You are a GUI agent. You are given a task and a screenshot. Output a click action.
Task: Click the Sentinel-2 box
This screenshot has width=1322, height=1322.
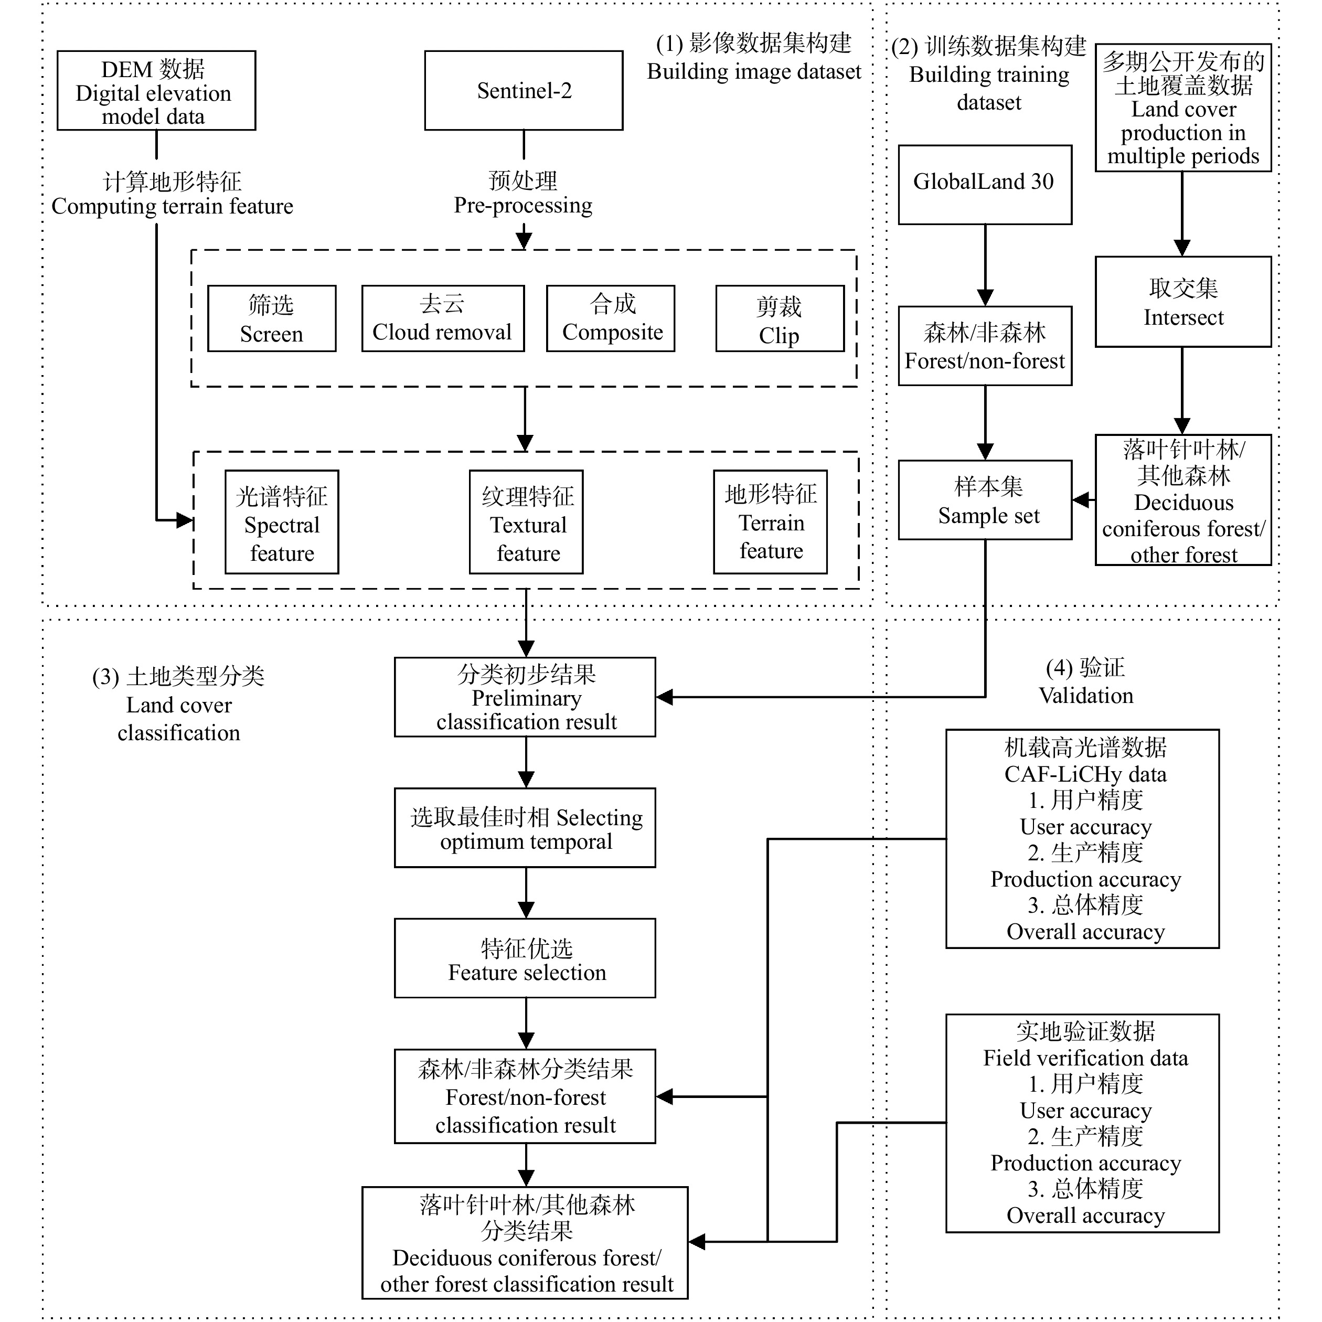click(x=524, y=90)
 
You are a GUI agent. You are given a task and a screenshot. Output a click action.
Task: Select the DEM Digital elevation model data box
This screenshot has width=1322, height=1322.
click(x=156, y=90)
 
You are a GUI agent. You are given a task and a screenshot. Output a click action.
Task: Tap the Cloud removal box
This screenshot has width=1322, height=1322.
click(x=443, y=318)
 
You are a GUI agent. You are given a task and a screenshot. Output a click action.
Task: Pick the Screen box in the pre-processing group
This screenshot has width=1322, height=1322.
click(x=272, y=318)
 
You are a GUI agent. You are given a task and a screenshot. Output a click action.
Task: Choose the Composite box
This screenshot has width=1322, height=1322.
click(x=610, y=318)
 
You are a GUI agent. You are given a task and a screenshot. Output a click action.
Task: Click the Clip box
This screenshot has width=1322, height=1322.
click(x=780, y=318)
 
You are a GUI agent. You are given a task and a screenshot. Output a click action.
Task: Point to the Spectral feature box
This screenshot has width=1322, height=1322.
click(x=281, y=521)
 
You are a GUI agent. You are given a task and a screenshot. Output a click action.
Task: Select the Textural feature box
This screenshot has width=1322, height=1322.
click(x=526, y=521)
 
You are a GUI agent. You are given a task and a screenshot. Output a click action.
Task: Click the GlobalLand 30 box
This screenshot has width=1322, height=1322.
click(x=985, y=184)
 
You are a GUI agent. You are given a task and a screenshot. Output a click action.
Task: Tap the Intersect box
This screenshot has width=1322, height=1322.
click(x=1182, y=302)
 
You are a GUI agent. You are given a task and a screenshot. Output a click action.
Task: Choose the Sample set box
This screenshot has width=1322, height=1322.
click(x=985, y=499)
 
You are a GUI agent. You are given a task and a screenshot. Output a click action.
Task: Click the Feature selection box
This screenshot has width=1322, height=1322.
click(x=525, y=958)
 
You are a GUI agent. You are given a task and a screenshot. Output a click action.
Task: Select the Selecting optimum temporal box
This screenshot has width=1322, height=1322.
click(x=525, y=827)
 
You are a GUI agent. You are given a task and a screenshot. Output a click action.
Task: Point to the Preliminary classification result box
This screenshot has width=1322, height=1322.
click(x=525, y=697)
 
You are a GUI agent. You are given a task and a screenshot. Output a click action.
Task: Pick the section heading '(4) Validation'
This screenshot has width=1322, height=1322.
click(x=1085, y=681)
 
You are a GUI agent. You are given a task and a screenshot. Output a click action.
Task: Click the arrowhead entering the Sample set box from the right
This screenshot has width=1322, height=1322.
click(x=1081, y=500)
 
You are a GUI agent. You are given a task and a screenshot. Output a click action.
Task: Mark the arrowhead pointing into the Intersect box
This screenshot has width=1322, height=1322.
click(x=1182, y=248)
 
